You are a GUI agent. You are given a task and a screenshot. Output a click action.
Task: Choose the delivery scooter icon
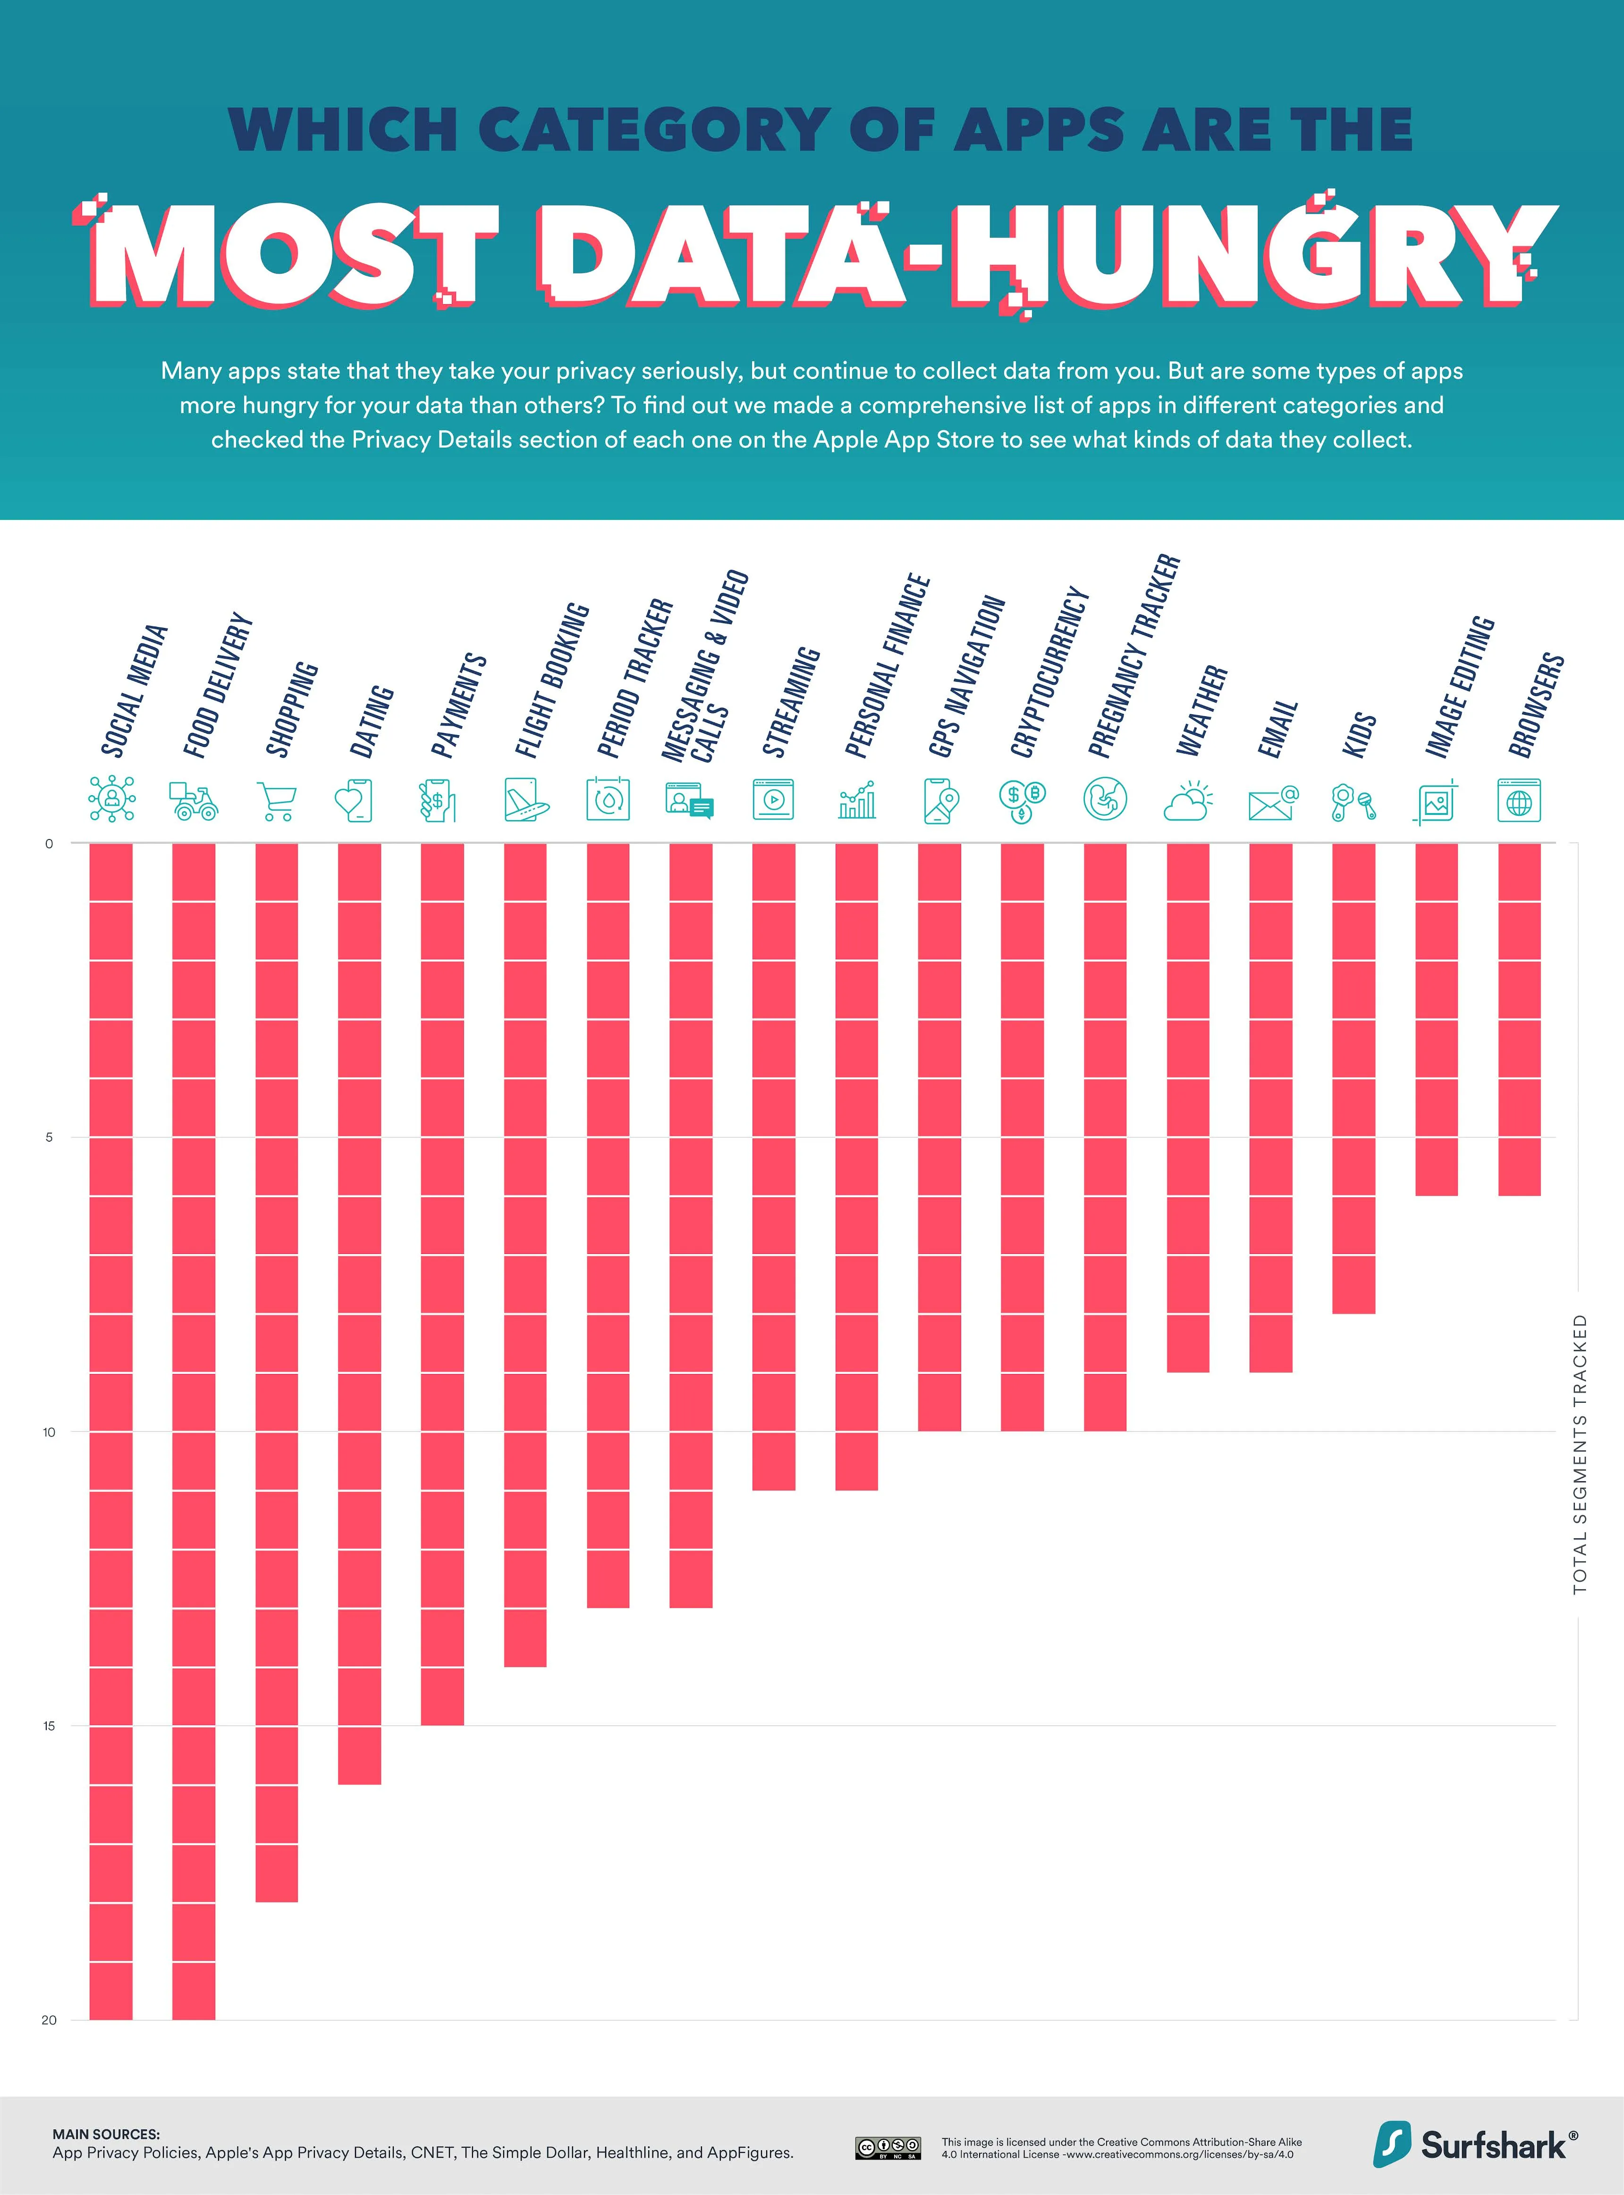point(194,800)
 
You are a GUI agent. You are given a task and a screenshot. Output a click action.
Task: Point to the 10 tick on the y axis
point(49,1432)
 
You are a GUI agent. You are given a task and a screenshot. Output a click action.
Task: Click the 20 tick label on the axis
point(49,2020)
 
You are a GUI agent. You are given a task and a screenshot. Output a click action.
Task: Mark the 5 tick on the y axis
point(49,1138)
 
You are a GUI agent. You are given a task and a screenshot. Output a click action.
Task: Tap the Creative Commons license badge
point(888,2147)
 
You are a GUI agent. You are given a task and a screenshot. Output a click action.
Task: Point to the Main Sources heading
point(105,2134)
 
